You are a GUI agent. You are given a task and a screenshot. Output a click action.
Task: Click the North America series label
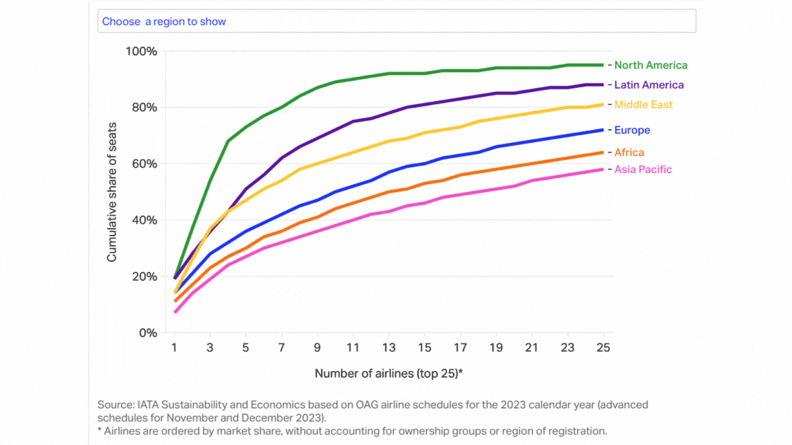pos(650,65)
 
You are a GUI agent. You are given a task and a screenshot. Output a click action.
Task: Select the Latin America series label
pos(648,85)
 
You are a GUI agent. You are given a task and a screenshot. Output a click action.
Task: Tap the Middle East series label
pos(643,105)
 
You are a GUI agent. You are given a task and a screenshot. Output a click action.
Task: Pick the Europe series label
pos(632,130)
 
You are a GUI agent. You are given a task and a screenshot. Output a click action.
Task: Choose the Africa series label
pos(629,152)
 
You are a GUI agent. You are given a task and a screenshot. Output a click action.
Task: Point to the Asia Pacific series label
pos(643,170)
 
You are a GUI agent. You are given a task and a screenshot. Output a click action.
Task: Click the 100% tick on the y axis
pos(142,52)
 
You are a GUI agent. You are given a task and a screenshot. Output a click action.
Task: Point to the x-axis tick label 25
pos(603,348)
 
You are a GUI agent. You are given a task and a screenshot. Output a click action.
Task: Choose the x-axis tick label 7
pos(282,348)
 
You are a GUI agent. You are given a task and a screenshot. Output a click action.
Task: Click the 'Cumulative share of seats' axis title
pos(112,192)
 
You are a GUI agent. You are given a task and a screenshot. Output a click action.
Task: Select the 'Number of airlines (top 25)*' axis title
pos(388,374)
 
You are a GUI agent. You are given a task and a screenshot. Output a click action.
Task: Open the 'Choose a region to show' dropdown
pos(396,21)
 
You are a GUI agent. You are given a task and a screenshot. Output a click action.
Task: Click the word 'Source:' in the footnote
pos(114,405)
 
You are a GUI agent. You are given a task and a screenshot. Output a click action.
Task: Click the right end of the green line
pos(602,65)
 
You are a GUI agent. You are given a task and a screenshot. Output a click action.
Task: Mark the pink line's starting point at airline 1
pos(176,312)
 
